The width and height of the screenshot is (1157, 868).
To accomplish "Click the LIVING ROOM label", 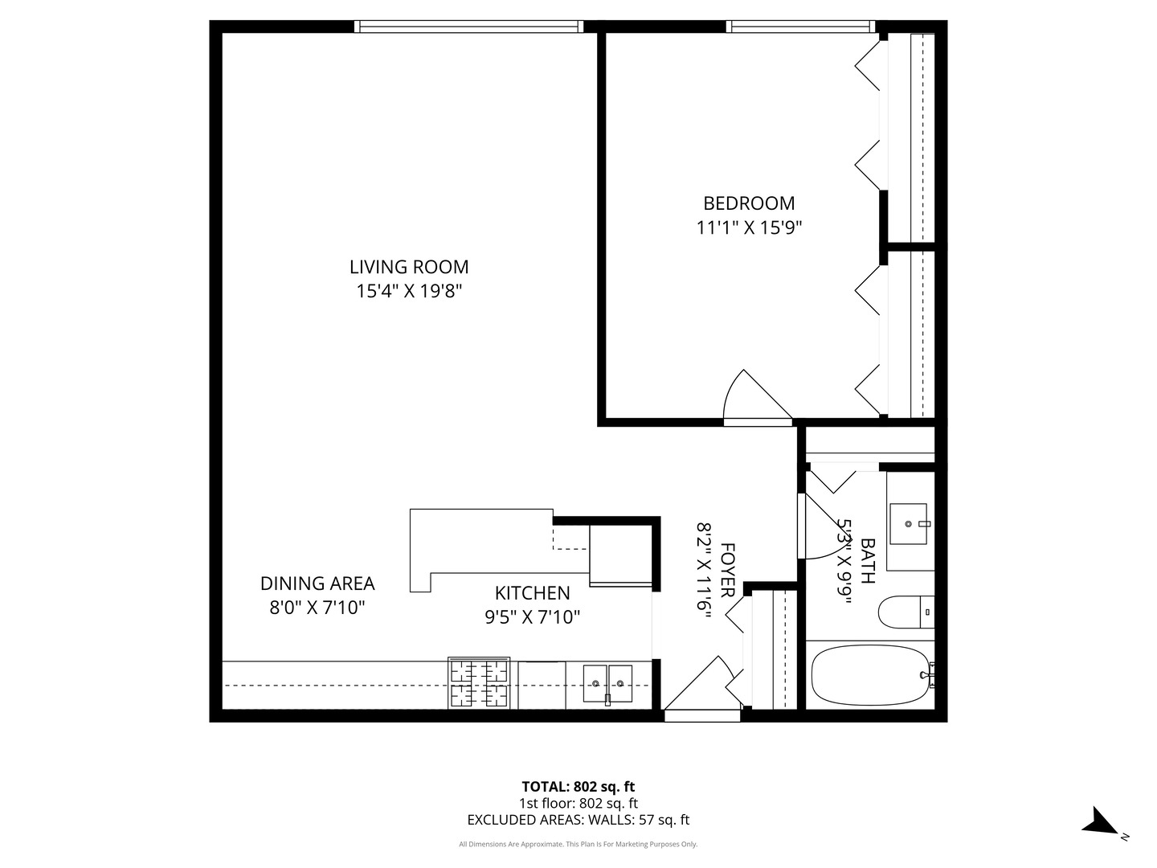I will pos(408,267).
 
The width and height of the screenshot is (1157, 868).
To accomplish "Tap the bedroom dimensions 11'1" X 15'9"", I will pos(749,228).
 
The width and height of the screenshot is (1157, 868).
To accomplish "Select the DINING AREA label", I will pos(317,583).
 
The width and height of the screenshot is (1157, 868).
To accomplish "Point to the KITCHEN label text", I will pos(532,593).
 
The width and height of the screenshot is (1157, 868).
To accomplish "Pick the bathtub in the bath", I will pos(869,676).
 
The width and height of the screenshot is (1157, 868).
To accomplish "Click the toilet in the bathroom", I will pos(905,612).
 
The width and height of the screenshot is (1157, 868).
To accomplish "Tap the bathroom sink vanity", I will pos(910,522).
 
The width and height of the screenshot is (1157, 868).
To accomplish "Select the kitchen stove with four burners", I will pos(479,683).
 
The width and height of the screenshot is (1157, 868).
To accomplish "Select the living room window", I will pos(470,27).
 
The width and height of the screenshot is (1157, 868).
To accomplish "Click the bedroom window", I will pos(801,27).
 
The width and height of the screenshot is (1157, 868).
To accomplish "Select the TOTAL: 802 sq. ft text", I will pos(578,787).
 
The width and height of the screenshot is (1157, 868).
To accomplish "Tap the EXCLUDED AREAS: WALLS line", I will pos(578,820).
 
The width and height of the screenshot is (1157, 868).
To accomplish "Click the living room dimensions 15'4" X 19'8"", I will pos(408,291).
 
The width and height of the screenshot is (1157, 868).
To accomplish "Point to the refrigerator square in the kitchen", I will pos(620,554).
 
